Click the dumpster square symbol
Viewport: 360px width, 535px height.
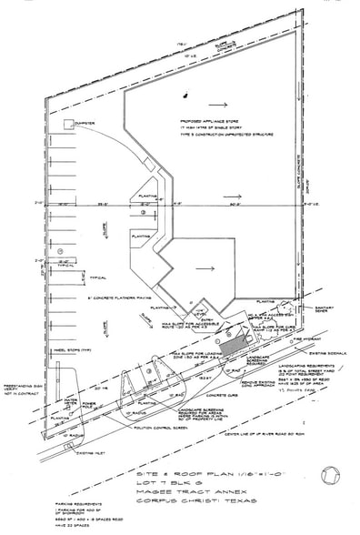(66, 124)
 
